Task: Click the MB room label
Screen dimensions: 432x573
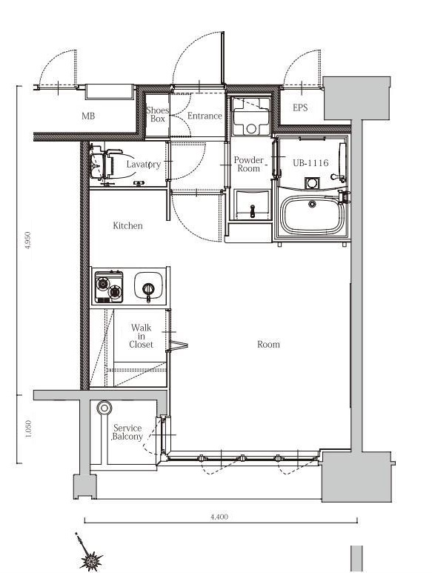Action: pos(88,116)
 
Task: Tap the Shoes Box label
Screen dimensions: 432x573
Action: pos(157,114)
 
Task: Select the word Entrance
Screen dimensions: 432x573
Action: pos(205,116)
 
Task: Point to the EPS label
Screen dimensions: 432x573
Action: pos(300,107)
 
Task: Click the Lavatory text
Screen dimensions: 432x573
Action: pos(144,165)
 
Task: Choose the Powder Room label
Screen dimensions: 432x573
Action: pos(249,164)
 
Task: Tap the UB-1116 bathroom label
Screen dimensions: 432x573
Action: pos(310,162)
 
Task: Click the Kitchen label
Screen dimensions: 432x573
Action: pos(127,225)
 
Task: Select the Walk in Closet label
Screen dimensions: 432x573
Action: pos(141,336)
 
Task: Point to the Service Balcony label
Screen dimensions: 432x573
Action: pos(127,432)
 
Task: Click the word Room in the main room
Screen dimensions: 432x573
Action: pos(268,344)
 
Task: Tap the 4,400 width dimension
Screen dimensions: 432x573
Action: pos(219,517)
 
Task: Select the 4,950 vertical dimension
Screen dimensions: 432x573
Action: pos(27,240)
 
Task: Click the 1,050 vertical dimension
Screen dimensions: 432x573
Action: pos(28,428)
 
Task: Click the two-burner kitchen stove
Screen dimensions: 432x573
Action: pos(109,287)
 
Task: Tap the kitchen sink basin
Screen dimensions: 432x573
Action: pos(148,286)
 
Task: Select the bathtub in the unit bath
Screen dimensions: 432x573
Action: pos(312,214)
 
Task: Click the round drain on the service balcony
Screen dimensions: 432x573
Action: pos(104,408)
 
